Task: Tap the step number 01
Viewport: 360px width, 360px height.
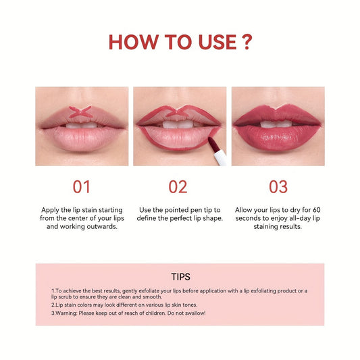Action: (x=81, y=186)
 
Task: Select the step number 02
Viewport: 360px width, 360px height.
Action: (x=178, y=186)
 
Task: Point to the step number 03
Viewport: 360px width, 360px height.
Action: (x=278, y=186)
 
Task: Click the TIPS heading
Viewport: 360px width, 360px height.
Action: (x=180, y=276)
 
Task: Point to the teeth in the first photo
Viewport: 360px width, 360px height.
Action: (x=82, y=124)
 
